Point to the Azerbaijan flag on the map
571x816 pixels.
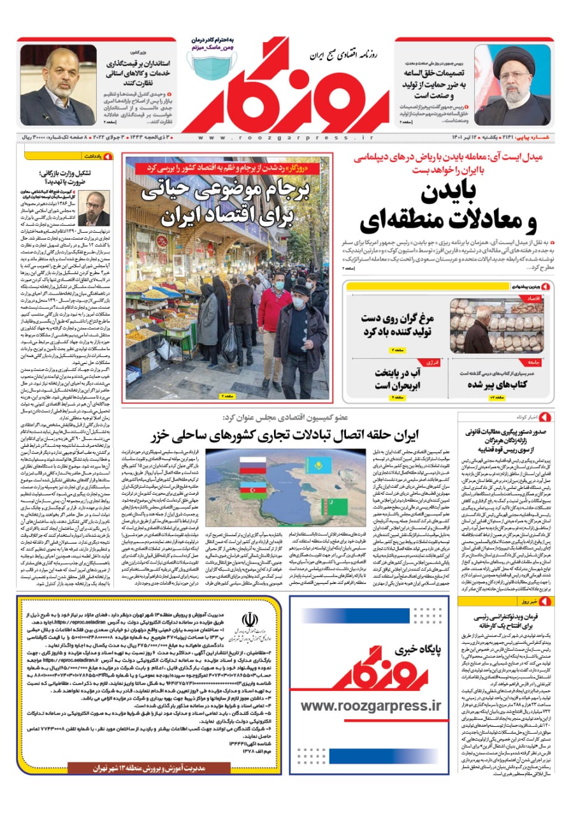254,492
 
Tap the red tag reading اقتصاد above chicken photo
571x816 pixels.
534,298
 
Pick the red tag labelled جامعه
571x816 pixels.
534,363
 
